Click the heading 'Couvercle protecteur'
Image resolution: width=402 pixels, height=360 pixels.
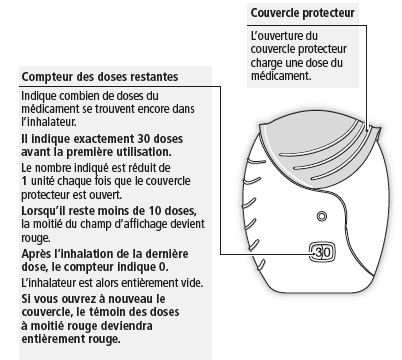[x=302, y=13]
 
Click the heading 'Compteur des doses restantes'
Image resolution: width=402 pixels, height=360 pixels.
[x=100, y=77]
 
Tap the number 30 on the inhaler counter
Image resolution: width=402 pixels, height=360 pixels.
[x=322, y=252]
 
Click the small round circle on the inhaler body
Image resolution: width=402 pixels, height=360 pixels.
[x=321, y=217]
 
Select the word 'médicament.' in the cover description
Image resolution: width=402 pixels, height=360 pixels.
[x=281, y=76]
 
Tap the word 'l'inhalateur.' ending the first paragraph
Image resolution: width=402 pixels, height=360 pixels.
[x=49, y=122]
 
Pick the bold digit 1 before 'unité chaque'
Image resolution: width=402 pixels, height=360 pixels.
[x=24, y=181]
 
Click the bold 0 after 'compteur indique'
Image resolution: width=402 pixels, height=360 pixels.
[x=162, y=267]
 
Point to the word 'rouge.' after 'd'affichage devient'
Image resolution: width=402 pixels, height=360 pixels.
[x=36, y=238]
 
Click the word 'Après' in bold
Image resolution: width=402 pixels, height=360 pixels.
[x=35, y=254]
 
